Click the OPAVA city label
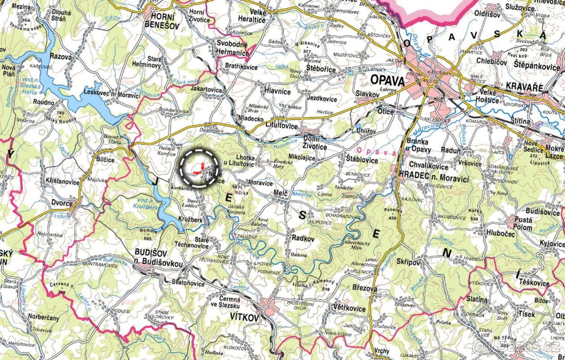[x=387, y=80]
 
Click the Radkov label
[x=303, y=238]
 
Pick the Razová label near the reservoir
[x=60, y=57]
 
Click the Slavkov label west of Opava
[x=368, y=94]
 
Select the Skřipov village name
[x=408, y=262]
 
